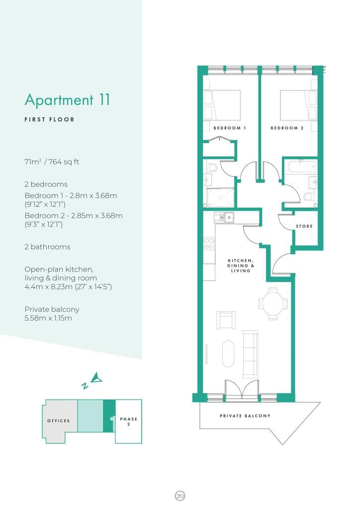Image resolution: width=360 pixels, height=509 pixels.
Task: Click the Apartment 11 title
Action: click(x=67, y=100)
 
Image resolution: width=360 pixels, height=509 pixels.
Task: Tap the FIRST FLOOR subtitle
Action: click(x=50, y=120)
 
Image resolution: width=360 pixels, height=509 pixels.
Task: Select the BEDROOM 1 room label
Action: click(x=230, y=128)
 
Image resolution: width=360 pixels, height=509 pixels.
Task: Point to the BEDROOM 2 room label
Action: click(x=287, y=128)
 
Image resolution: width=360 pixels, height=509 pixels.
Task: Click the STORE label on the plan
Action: click(x=304, y=226)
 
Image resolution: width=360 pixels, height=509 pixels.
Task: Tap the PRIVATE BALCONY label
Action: click(x=245, y=416)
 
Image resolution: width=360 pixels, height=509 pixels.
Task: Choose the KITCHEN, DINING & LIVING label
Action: click(x=241, y=265)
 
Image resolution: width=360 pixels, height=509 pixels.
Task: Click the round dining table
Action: click(x=272, y=302)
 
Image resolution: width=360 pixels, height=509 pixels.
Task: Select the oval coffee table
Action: click(x=229, y=353)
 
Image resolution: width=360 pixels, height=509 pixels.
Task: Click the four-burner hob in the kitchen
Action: click(x=209, y=244)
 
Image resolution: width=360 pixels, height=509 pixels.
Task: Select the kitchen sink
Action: click(x=225, y=217)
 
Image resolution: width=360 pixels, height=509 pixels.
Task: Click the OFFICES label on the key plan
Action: click(x=59, y=421)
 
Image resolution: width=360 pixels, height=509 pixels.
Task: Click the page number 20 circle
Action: click(x=180, y=495)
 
